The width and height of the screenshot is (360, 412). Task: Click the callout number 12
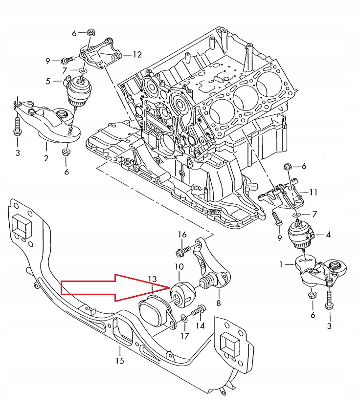pos(137,54)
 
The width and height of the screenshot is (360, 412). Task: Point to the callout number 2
pos(46,158)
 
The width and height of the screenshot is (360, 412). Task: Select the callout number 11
pos(314,193)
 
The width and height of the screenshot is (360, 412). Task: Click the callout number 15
pos(120,361)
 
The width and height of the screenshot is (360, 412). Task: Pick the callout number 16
pos(182,235)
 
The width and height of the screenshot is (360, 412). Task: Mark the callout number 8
pos(219,303)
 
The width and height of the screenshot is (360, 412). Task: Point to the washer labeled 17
pos(183,319)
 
